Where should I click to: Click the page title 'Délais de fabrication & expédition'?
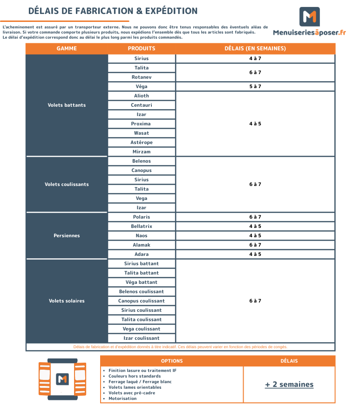[x=113, y=11]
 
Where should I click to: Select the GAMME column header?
[x=67, y=48]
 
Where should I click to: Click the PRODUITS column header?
[x=142, y=48]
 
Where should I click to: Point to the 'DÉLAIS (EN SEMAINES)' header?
[x=255, y=48]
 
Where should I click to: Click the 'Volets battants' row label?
[x=67, y=105]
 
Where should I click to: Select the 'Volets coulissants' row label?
[x=67, y=185]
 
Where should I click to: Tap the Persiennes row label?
[x=67, y=236]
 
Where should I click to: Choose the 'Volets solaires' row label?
[x=67, y=301]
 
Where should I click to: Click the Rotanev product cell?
[x=142, y=77]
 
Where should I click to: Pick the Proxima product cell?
[x=142, y=124]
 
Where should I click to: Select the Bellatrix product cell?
[x=142, y=227]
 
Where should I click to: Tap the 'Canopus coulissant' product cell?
[x=142, y=301]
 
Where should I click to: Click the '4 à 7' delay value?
[x=255, y=59]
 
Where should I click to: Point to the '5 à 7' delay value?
[x=255, y=87]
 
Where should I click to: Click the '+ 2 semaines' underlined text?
[x=289, y=385]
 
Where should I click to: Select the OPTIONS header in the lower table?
[x=172, y=361]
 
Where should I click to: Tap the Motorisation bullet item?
[x=122, y=399]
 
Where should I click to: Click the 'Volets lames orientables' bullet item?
[x=135, y=387]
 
